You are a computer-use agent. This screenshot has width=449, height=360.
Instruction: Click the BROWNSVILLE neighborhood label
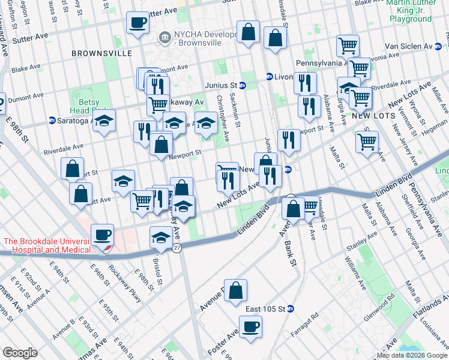coord(101,53)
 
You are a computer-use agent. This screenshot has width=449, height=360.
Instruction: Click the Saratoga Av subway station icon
coord(52,121)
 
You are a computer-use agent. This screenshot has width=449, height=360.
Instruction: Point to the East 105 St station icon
coord(291,309)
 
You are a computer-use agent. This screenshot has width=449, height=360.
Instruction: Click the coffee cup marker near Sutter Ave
coord(137,23)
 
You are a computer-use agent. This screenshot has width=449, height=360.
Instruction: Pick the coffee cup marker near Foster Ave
coord(250,327)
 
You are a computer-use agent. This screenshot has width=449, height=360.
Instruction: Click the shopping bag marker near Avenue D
coord(236,290)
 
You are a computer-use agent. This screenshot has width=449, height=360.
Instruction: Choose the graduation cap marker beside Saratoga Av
coord(104,121)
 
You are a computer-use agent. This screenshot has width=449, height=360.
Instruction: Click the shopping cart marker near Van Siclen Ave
coord(348,45)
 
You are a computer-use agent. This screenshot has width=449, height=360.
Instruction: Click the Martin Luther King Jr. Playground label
coord(409,11)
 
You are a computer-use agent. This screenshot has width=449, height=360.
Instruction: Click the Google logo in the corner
coord(20,353)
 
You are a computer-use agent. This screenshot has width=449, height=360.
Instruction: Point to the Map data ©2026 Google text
coord(412,355)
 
